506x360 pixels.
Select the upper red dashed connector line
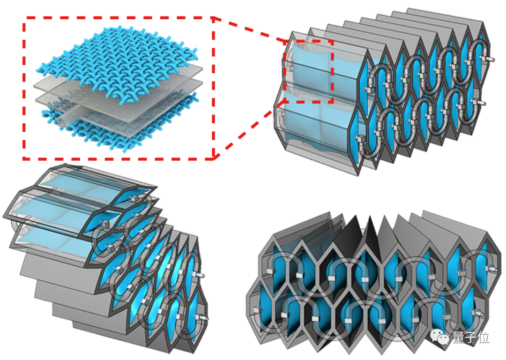[x=249, y=30]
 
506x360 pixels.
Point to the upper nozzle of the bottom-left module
[x=199, y=274]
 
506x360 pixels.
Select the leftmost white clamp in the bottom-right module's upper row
[x=271, y=271]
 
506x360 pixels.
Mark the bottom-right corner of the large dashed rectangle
[x=214, y=158]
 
